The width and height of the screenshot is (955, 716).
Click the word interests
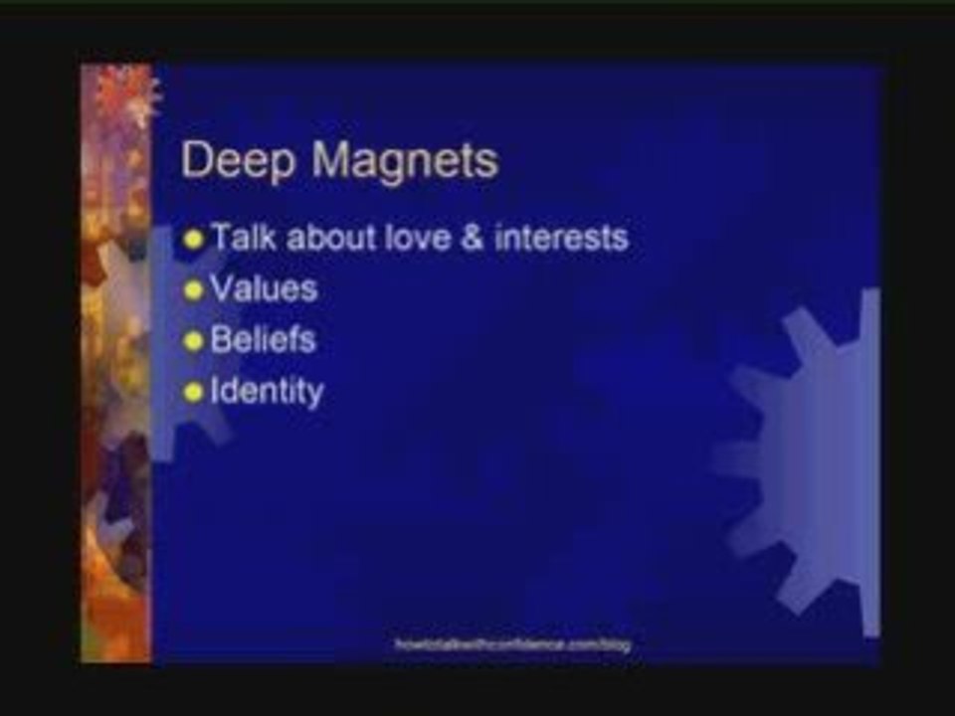pyautogui.click(x=561, y=239)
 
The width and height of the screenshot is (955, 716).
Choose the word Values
pyautogui.click(x=264, y=289)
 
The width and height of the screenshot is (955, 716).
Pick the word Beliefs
pyautogui.click(x=264, y=340)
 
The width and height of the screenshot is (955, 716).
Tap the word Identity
pyautogui.click(x=267, y=391)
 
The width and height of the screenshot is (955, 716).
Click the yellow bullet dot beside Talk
pyautogui.click(x=193, y=240)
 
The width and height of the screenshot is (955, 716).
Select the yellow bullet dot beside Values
pyautogui.click(x=193, y=290)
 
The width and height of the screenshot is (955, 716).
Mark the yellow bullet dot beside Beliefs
pyautogui.click(x=193, y=341)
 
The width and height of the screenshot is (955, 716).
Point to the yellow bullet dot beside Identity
pyautogui.click(x=193, y=392)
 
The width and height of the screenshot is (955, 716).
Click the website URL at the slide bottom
pyautogui.click(x=512, y=644)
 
